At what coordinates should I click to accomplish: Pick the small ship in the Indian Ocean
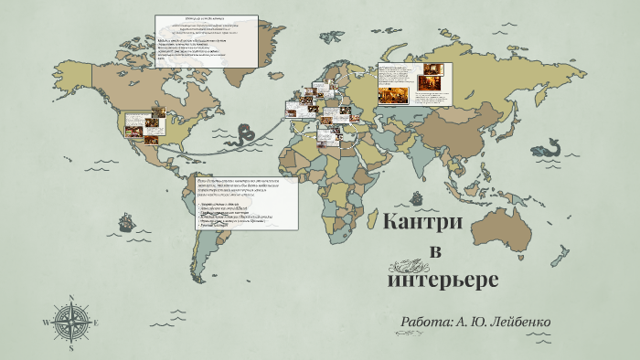(x=417, y=196)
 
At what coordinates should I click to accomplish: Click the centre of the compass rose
(x=70, y=322)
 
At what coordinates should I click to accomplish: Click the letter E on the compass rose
(x=95, y=322)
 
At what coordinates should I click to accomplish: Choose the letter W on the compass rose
(x=46, y=322)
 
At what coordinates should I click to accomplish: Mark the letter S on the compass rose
(x=70, y=347)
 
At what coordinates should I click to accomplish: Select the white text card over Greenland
(x=206, y=40)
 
